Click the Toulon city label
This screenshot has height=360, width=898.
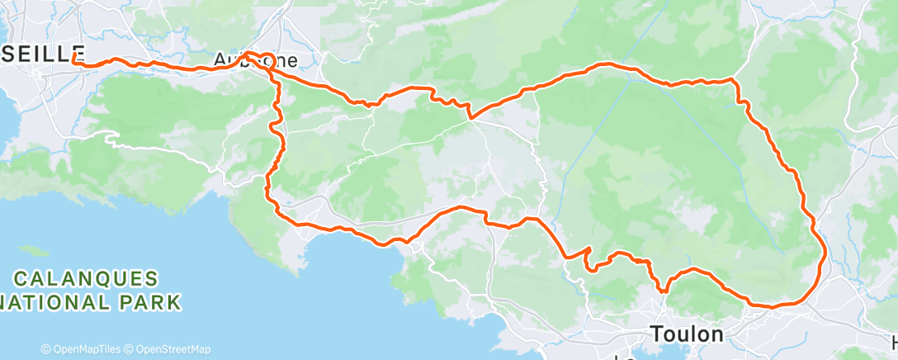[687, 334]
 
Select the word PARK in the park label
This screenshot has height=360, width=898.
[154, 302]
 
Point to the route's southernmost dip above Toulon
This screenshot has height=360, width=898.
[664, 290]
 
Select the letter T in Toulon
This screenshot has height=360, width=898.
[657, 334]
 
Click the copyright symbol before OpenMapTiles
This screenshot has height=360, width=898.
[45, 349]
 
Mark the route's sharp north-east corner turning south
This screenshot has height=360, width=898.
[734, 80]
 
